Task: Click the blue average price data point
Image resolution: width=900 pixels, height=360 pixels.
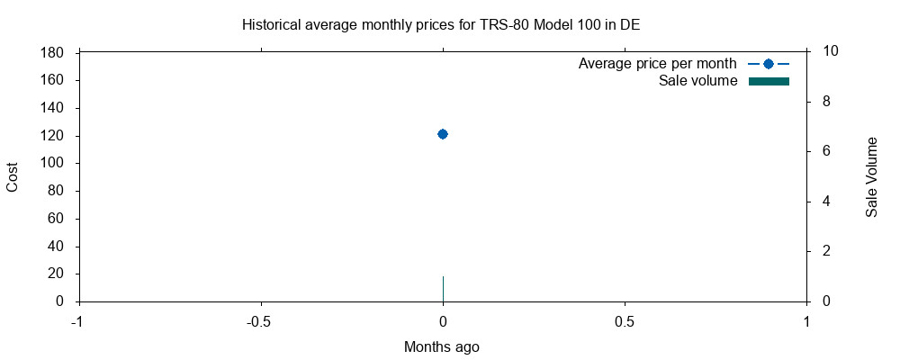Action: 443,134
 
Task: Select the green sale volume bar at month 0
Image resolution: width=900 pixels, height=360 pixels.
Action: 443,289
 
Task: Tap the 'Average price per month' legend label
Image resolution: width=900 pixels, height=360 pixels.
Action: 657,64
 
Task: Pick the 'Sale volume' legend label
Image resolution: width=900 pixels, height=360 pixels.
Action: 697,81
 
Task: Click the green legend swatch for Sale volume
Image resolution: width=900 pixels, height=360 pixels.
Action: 769,82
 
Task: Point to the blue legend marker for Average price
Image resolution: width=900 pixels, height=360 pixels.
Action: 769,64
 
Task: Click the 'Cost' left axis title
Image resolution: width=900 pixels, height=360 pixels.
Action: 13,177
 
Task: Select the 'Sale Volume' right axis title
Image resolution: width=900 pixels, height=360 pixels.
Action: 871,177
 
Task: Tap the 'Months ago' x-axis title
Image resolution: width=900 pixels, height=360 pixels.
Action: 442,346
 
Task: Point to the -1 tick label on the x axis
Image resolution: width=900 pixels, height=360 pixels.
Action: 77,321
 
